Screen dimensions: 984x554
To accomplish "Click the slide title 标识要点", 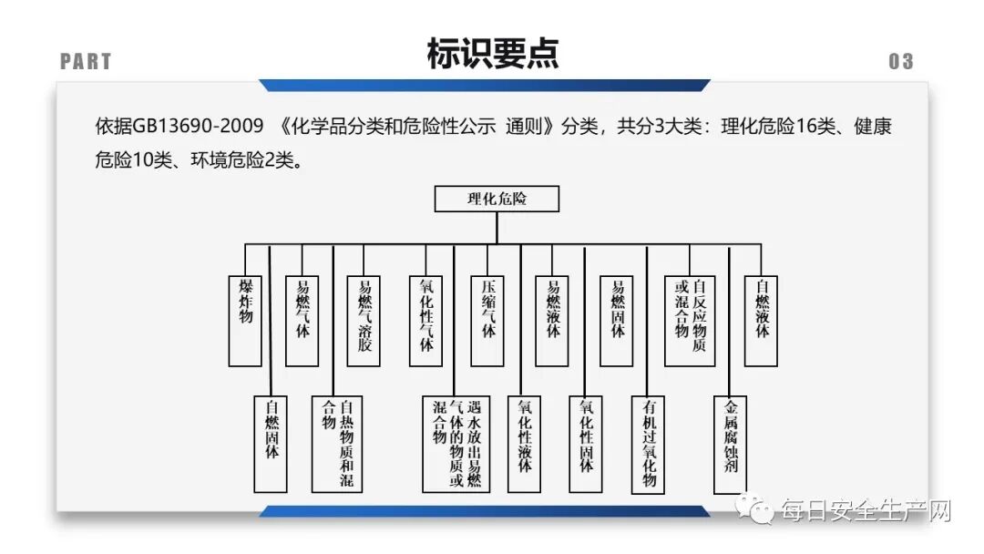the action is point(492,55).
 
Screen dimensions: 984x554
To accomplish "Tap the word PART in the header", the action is point(86,62).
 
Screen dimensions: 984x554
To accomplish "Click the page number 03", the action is point(900,62).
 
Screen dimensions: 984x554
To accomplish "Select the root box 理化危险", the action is point(497,199).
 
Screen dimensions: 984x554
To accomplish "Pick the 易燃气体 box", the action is point(302,320).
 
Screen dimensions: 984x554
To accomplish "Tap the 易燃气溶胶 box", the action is point(364,320).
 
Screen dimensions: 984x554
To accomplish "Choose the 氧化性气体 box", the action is point(425,320).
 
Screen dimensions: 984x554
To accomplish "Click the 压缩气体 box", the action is point(487,320).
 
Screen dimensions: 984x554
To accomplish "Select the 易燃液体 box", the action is point(552,320).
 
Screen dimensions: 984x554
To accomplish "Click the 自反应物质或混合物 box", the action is point(690,320).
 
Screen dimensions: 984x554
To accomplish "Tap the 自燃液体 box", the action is point(762,320).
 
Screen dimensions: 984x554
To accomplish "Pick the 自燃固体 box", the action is point(272,444).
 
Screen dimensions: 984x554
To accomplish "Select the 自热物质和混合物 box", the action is point(337,444).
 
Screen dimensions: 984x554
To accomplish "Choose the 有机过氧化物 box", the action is point(649,444).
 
